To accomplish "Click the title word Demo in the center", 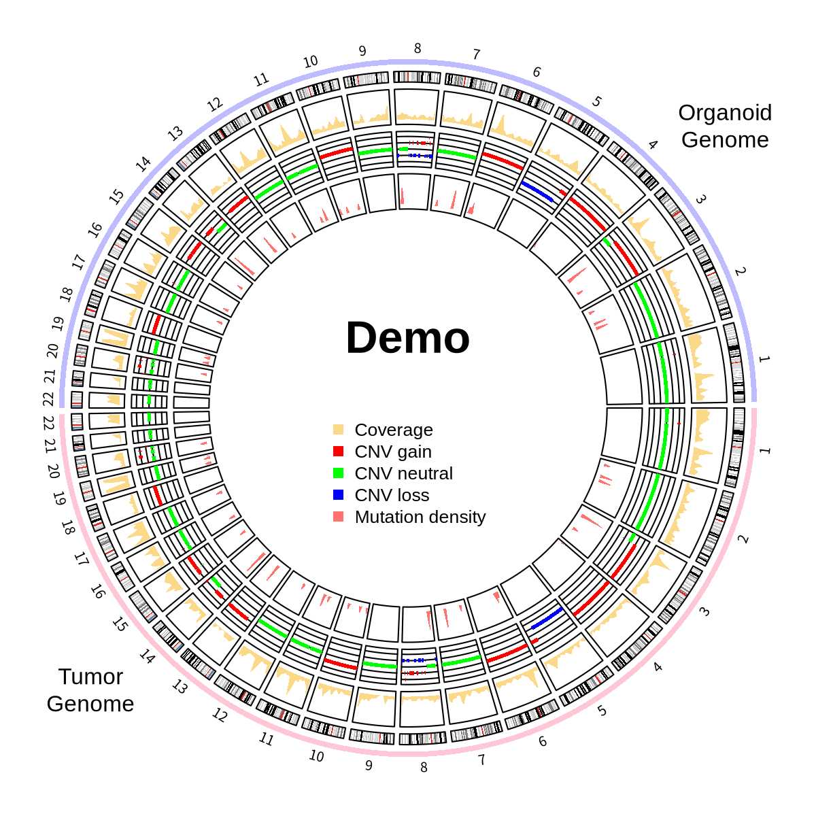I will [x=408, y=338].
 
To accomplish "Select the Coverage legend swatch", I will [x=339, y=430].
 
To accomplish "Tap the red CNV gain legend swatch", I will [x=339, y=452].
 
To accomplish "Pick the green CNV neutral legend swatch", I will [x=339, y=473].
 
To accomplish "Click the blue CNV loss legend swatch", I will [x=339, y=495].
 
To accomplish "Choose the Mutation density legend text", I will [x=420, y=517].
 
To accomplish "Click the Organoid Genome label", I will [x=725, y=126].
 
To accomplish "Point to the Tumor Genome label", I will [x=90, y=690].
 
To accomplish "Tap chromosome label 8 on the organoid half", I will [x=418, y=49].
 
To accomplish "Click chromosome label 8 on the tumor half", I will [x=424, y=767].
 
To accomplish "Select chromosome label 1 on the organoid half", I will [x=764, y=359].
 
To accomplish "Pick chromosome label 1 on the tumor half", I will [x=764, y=451].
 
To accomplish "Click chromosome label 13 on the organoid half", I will [x=175, y=133].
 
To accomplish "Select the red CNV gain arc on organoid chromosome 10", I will [x=335, y=154].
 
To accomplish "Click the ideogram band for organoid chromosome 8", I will [x=417, y=77].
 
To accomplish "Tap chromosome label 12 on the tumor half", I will [x=219, y=715].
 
